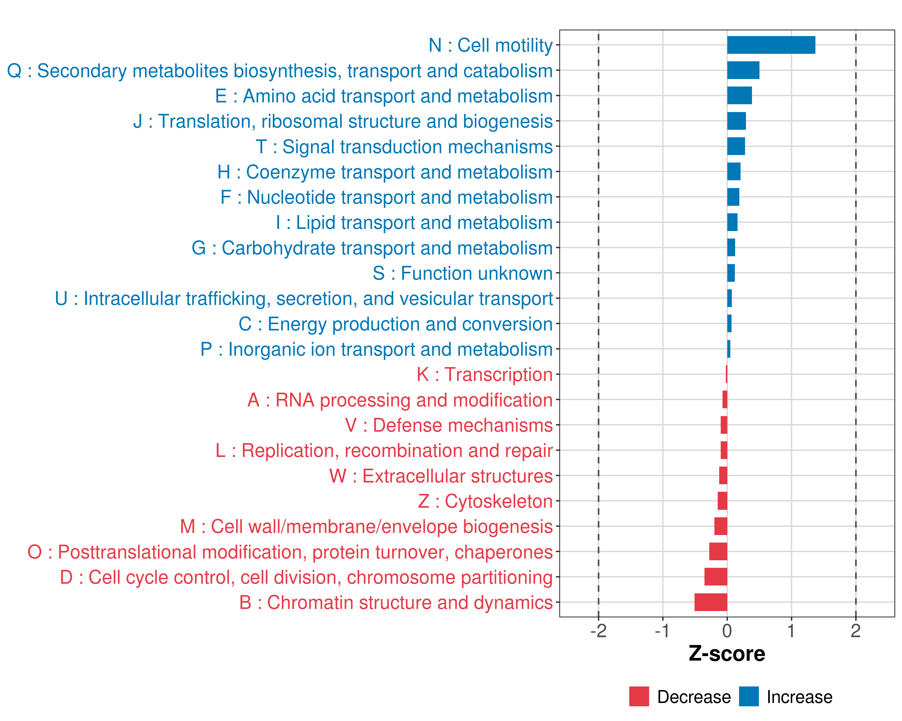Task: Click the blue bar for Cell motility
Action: click(x=771, y=45)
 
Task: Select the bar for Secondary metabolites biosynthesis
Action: click(x=743, y=70)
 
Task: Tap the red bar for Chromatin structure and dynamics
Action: click(x=710, y=602)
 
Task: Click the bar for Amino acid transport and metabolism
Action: click(x=739, y=96)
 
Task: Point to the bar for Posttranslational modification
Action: click(x=718, y=552)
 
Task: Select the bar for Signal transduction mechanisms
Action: click(x=736, y=146)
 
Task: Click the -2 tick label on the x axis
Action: click(x=598, y=631)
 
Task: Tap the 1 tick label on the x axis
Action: click(x=791, y=631)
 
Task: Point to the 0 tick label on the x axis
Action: click(x=727, y=631)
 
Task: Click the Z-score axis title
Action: click(x=727, y=654)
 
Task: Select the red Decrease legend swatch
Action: click(x=639, y=696)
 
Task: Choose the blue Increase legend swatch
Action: click(x=748, y=696)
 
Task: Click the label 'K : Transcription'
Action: click(x=484, y=375)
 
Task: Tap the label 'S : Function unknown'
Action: click(x=463, y=273)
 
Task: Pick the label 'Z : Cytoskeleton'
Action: click(x=485, y=501)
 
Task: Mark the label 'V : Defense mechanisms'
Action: click(x=449, y=425)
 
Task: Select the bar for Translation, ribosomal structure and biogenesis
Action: click(x=736, y=121)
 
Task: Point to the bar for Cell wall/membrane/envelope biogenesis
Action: click(x=720, y=526)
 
